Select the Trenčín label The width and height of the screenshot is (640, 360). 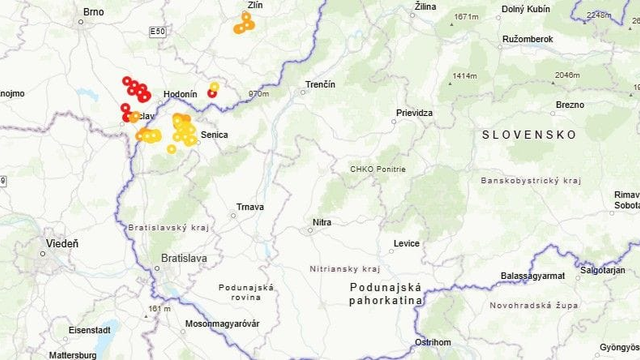click(320, 84)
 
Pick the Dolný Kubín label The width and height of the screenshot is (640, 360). click(526, 8)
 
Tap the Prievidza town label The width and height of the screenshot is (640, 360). click(415, 113)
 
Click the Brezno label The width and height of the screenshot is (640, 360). click(570, 104)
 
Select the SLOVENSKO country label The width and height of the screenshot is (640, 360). click(528, 134)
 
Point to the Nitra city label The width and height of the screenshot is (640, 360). click(321, 222)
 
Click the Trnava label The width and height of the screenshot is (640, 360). click(250, 207)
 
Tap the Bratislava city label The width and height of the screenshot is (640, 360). click(184, 258)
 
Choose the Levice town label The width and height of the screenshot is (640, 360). click(407, 243)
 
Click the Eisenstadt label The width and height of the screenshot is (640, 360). click(90, 329)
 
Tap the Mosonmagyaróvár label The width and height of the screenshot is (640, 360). click(222, 324)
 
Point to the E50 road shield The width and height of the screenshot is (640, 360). click(157, 33)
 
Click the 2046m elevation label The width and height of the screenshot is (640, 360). click(567, 75)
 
